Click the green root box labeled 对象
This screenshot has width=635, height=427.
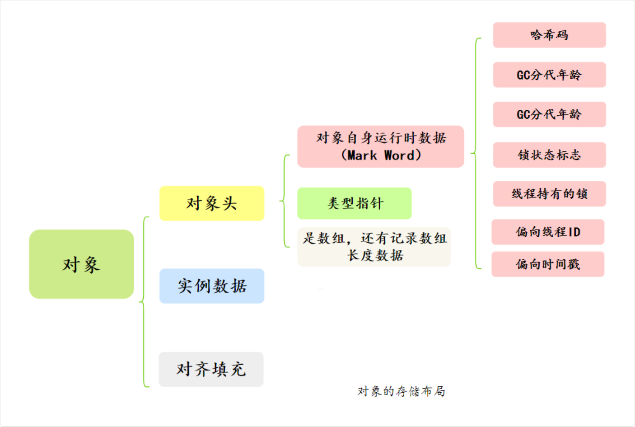point(81,264)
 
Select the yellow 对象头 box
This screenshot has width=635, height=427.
point(212,203)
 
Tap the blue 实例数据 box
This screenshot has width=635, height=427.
point(212,286)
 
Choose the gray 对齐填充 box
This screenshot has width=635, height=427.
point(211,369)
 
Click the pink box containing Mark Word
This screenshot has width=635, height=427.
point(380,147)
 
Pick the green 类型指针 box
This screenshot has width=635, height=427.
point(354,203)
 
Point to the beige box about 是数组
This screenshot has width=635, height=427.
point(374,247)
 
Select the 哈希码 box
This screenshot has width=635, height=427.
point(549,35)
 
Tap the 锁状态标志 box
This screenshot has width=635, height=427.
point(549,155)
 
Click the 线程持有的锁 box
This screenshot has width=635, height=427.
point(549,194)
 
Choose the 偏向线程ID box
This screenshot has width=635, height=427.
point(548,232)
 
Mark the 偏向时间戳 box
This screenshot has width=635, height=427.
point(548,264)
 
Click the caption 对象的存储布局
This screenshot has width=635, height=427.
point(401,391)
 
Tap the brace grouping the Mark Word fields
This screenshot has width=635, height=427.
point(475,153)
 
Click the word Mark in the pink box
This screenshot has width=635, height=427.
point(362,155)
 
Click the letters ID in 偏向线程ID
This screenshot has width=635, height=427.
point(574,232)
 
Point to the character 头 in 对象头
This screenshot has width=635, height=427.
point(229,203)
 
